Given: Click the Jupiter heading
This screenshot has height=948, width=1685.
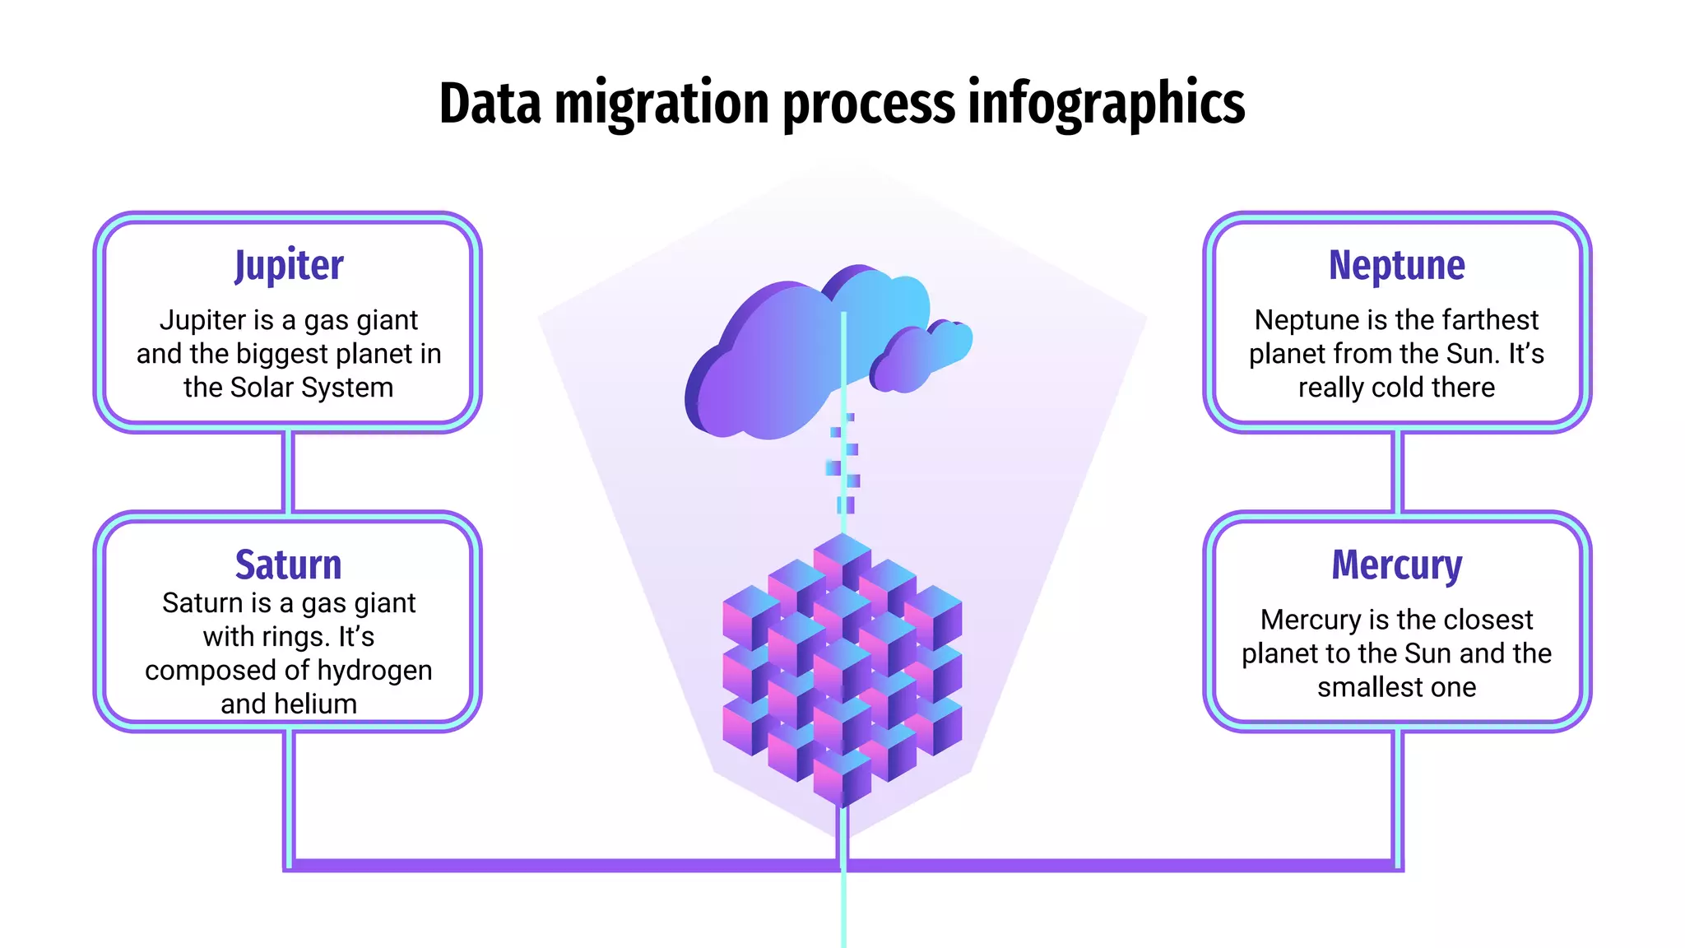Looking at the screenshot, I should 289,266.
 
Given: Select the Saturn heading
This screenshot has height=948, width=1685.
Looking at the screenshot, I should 288,565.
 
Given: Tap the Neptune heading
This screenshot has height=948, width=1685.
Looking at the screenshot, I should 1396,266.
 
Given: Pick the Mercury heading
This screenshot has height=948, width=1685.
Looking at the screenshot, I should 1396,565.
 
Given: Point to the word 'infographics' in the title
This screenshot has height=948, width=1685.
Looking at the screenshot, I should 1106,105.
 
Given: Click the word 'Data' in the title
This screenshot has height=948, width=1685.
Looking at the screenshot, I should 490,105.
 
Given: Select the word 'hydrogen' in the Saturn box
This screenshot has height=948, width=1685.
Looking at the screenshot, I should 374,671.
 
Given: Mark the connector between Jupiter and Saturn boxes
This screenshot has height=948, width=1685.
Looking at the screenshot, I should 288,472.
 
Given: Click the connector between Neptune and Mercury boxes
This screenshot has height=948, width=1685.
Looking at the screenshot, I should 1397,472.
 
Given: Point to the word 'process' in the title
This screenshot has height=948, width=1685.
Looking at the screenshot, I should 869,105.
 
